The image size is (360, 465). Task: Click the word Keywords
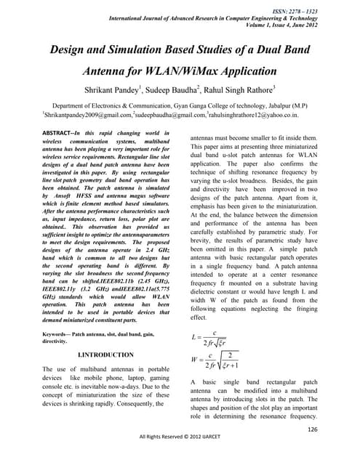tap(60, 333)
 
